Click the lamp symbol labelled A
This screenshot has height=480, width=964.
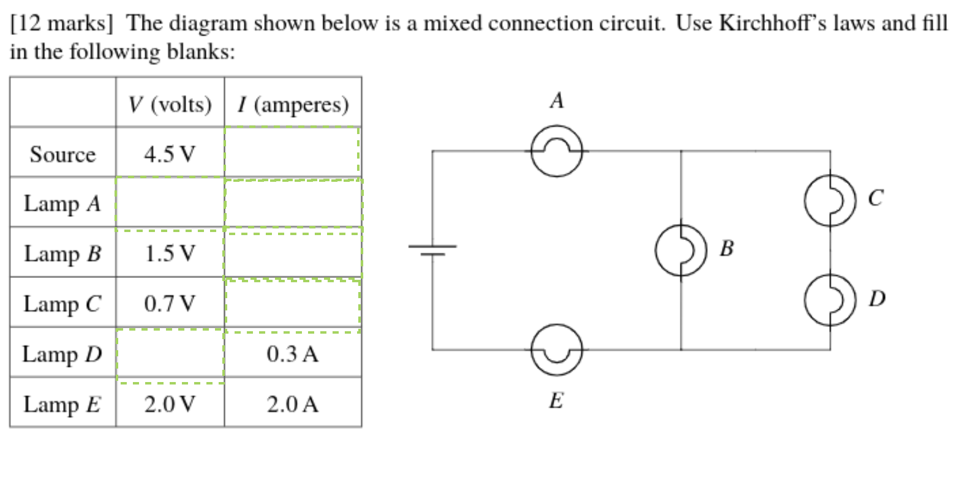point(556,151)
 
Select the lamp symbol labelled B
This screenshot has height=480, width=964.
point(680,250)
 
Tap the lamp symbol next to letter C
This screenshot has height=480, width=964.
point(830,200)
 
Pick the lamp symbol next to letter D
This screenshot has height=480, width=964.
point(830,299)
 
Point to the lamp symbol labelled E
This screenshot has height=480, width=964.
point(556,350)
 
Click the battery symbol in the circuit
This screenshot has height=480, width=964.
point(432,249)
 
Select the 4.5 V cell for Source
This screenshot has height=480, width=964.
point(170,153)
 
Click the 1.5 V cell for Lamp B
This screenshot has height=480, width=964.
point(170,253)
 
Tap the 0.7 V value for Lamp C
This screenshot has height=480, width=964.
point(170,303)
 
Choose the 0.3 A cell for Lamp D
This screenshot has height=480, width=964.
point(292,354)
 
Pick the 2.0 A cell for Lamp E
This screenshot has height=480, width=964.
point(292,404)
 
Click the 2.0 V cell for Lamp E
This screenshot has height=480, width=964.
point(170,404)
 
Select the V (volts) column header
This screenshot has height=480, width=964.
point(170,104)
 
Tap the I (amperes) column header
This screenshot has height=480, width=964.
point(293,104)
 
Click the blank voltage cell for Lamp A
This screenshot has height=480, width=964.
point(170,203)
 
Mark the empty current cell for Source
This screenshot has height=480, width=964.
point(292,152)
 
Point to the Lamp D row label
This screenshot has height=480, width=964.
point(62,354)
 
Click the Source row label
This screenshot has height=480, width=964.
point(62,154)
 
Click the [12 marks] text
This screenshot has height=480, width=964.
point(62,23)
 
